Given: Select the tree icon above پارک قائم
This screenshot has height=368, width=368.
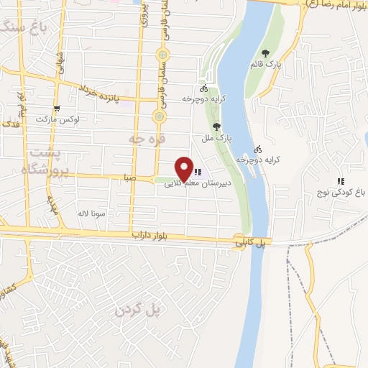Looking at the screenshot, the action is (267, 53).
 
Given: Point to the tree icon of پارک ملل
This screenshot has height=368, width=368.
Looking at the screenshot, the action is (229, 126).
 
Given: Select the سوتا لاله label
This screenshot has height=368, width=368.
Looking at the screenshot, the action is (93, 213).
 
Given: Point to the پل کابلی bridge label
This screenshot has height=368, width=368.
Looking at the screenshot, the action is (251, 244).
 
